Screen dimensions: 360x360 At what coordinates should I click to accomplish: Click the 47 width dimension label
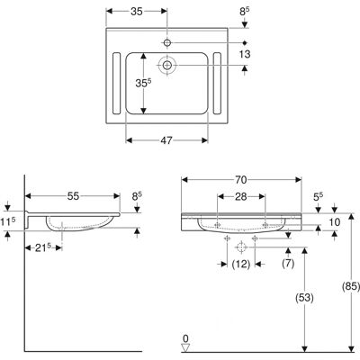(x=166, y=140)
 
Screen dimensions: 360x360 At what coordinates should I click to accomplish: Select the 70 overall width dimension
(x=240, y=180)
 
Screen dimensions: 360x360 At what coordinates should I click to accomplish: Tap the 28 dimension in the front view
(x=240, y=197)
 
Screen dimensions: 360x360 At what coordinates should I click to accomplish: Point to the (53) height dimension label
(x=304, y=298)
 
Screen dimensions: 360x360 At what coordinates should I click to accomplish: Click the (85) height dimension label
(x=351, y=286)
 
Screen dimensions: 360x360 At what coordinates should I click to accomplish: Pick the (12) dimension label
(x=241, y=264)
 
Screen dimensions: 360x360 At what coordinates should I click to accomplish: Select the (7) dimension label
(x=288, y=264)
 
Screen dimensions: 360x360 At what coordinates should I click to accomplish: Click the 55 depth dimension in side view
(x=73, y=196)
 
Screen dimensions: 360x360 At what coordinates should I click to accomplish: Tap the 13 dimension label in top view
(x=245, y=54)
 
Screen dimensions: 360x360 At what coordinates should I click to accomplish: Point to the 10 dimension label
(x=335, y=222)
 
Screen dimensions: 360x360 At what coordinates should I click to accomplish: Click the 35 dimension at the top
(x=137, y=11)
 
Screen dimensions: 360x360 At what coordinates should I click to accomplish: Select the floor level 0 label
(x=186, y=338)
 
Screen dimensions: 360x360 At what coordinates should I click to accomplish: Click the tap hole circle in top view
(x=167, y=42)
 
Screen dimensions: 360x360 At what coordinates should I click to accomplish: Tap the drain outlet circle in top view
(x=167, y=65)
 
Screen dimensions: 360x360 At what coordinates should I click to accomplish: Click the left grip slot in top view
(x=116, y=84)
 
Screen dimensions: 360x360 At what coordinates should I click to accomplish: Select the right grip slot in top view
(x=217, y=84)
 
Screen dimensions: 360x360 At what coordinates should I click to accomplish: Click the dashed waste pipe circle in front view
(x=241, y=247)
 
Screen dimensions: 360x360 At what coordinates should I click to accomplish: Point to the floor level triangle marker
(x=186, y=347)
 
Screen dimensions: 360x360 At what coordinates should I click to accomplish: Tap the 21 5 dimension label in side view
(x=43, y=247)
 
